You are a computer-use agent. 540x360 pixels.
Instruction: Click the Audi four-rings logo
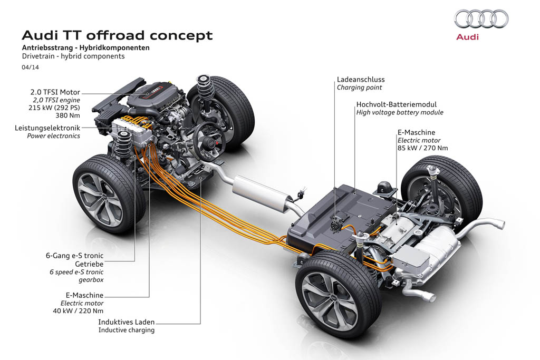click(x=481, y=20)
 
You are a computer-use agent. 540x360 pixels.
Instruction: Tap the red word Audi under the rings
click(x=467, y=38)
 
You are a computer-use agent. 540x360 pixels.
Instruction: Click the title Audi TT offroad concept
click(x=117, y=35)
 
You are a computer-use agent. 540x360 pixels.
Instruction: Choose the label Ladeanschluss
click(x=361, y=80)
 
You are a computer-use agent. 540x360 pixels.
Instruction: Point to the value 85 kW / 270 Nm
click(x=423, y=148)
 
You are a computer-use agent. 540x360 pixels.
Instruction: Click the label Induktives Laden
click(x=127, y=322)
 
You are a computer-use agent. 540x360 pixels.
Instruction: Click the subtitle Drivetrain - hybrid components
click(x=73, y=56)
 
